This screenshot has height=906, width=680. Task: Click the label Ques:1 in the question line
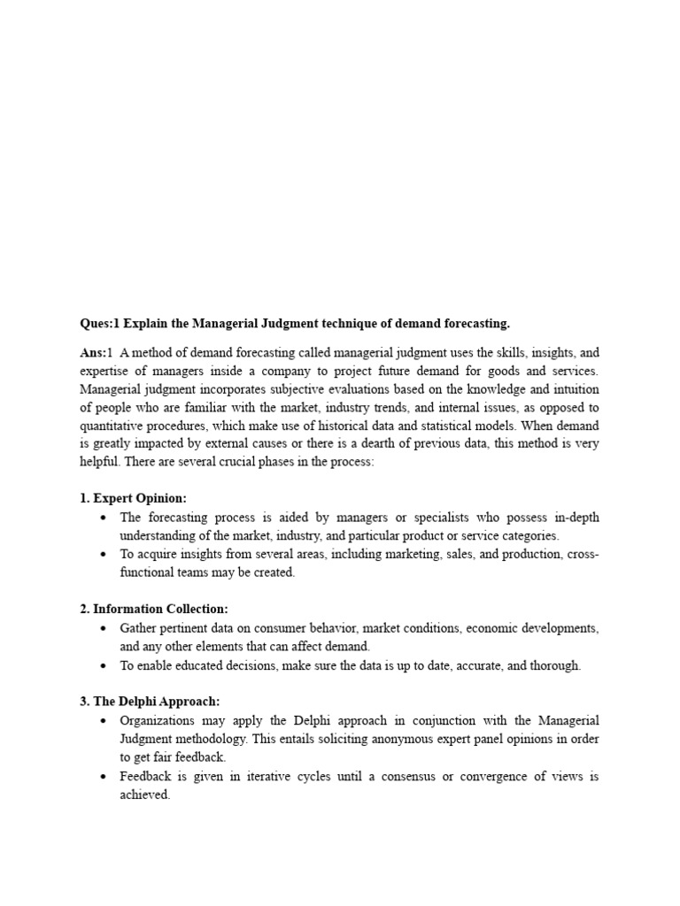click(x=100, y=323)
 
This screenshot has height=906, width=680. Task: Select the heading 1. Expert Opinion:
click(x=133, y=498)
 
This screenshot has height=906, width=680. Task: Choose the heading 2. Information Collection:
click(x=154, y=609)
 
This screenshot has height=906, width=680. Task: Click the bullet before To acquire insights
click(x=105, y=555)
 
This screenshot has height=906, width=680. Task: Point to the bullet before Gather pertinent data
click(x=105, y=628)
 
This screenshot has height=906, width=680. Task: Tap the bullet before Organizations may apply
click(x=105, y=721)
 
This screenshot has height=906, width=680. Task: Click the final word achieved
click(x=144, y=795)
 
